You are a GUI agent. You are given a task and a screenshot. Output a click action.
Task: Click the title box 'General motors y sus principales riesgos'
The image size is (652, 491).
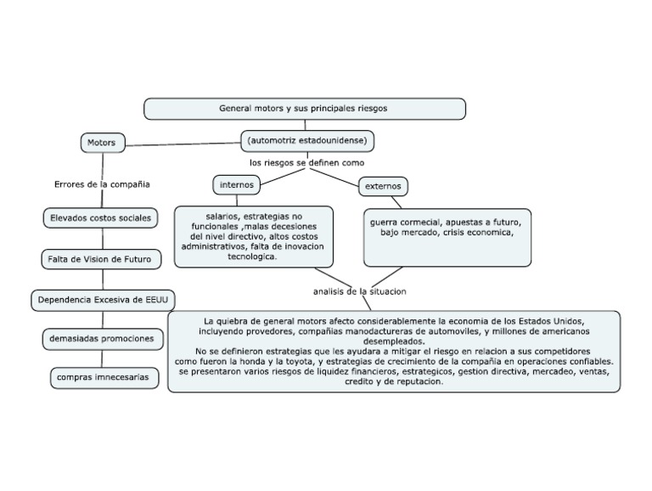pos(304,109)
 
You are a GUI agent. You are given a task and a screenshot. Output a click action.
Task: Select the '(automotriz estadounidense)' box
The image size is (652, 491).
pos(305,139)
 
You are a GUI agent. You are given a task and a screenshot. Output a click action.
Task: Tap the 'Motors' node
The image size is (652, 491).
pos(102,143)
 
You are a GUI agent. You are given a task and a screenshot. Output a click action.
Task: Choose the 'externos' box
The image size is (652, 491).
pos(384,186)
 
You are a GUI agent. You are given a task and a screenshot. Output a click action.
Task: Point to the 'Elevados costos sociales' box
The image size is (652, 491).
pos(100,218)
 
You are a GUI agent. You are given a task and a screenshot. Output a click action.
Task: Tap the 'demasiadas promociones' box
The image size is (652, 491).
pos(101,339)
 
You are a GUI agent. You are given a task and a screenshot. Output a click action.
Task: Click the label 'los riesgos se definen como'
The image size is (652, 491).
pos(306,161)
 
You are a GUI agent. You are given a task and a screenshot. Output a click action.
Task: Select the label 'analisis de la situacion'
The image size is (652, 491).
pos(360,291)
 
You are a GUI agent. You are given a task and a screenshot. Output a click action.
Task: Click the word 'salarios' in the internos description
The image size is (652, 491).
pos(222,217)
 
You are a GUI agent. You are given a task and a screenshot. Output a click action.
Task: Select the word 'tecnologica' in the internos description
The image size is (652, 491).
pos(252,257)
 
